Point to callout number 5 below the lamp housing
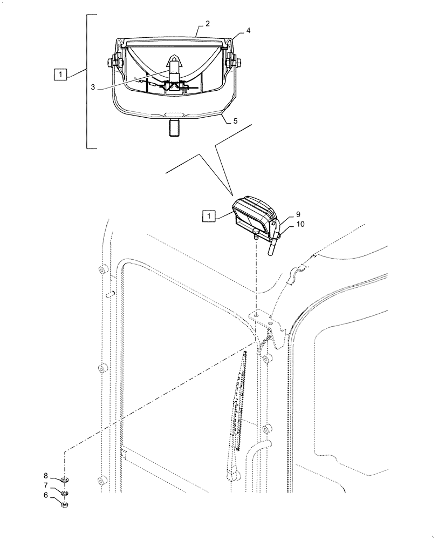pyautogui.click(x=235, y=122)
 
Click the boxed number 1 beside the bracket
pyautogui.click(x=60, y=75)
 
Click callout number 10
pyautogui.click(x=285, y=224)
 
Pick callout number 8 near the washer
pyautogui.click(x=46, y=476)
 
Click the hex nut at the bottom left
pyautogui.click(x=65, y=505)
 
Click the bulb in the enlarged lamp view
pyautogui.click(x=174, y=69)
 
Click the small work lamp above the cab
pyautogui.click(x=254, y=216)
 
